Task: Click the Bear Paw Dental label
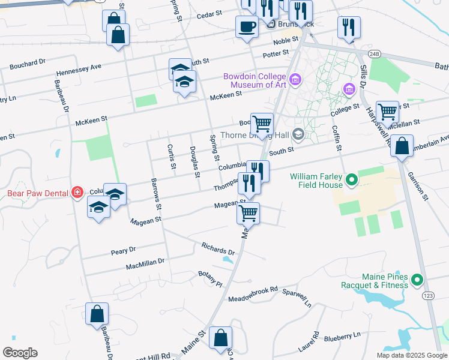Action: pos(35,193)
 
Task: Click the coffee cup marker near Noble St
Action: pos(247,27)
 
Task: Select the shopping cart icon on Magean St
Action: pos(248,213)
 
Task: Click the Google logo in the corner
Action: pos(20,353)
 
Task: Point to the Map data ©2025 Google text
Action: pos(411,355)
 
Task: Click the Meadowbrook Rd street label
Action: pos(253,293)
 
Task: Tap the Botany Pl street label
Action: pos(210,278)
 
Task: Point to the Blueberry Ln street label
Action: pos(342,337)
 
